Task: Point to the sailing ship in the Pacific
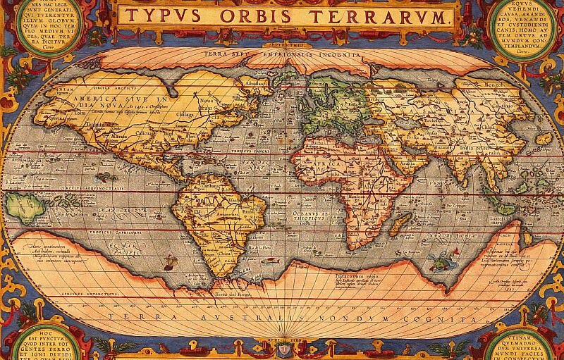tap(168, 264)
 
